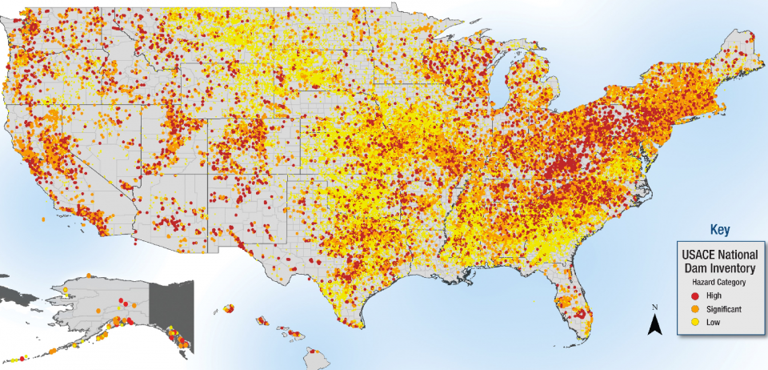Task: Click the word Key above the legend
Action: (x=720, y=230)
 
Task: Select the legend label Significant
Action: (x=725, y=308)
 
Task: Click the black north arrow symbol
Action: (x=654, y=324)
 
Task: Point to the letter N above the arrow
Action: (x=654, y=308)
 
